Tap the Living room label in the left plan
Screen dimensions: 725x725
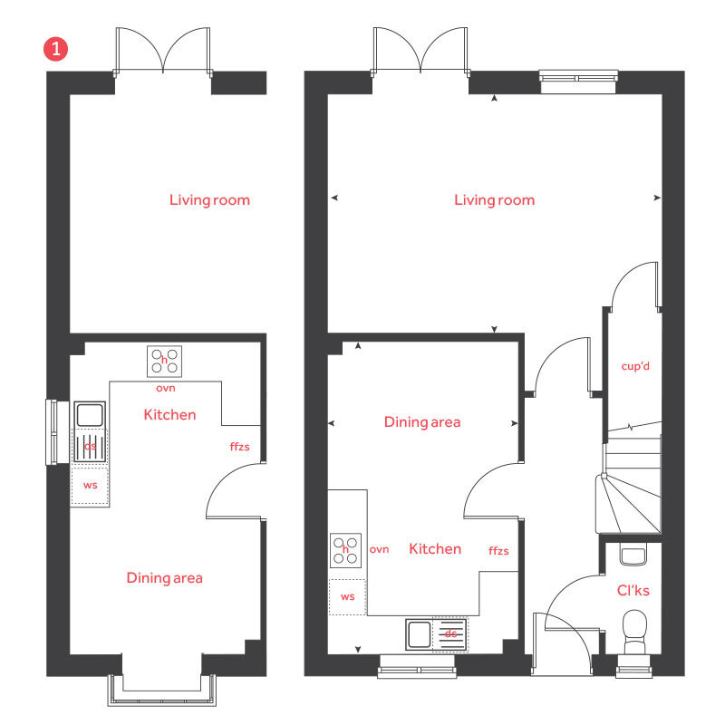coord(209,199)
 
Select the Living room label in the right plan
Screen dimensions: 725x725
coord(494,199)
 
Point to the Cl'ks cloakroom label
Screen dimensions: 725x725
coord(633,590)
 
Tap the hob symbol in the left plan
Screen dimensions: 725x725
coord(164,361)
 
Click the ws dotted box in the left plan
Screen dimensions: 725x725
coord(90,485)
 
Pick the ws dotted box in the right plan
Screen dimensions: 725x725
coord(347,596)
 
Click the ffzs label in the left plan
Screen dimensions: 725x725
coord(239,447)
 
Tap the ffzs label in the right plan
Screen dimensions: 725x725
coord(498,550)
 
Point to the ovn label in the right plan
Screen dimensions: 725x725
coord(379,549)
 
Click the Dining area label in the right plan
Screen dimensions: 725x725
coord(422,421)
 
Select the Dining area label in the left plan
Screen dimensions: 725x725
coord(164,577)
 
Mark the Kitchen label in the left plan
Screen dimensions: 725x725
coord(169,414)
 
